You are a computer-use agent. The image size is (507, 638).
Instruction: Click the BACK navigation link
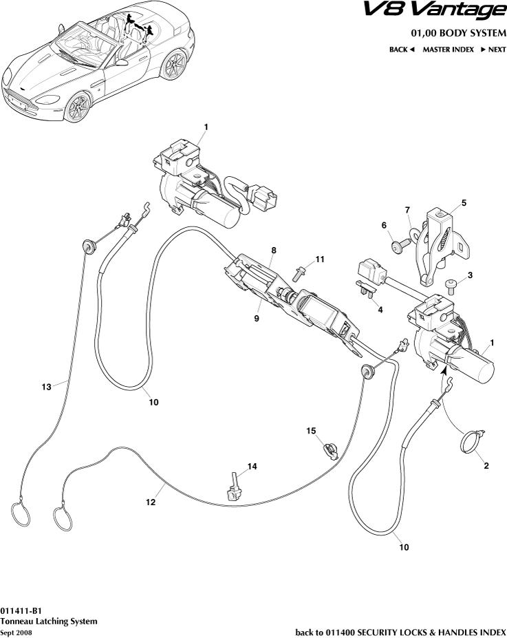pos(402,50)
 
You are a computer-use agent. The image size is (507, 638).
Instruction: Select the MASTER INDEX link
pos(448,50)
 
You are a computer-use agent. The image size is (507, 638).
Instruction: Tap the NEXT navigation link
pos(493,50)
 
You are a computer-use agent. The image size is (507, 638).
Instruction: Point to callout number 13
pos(47,387)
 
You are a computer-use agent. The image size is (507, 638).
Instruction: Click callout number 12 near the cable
pos(151,502)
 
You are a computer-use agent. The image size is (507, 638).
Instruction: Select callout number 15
pos(311,431)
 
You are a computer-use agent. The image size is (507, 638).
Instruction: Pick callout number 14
pos(252,467)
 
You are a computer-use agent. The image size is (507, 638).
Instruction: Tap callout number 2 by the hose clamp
pos(486,466)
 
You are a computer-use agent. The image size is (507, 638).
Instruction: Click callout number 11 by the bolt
pos(320,259)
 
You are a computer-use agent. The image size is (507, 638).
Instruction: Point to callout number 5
pos(464,203)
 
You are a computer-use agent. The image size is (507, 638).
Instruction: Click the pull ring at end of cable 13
pos(19,515)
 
